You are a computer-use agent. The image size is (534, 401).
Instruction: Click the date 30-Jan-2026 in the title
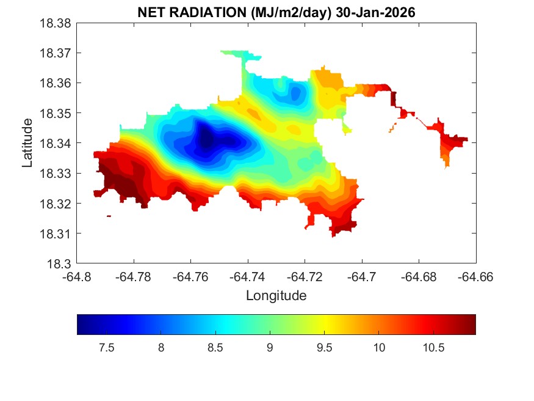[x=377, y=12]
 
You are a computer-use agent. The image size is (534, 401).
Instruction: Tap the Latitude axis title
[x=27, y=143]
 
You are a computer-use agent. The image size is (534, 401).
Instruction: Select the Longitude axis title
[x=276, y=296]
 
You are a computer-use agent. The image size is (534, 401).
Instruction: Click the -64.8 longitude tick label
[x=78, y=276]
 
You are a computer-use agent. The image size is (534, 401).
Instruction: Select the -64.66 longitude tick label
[x=476, y=276]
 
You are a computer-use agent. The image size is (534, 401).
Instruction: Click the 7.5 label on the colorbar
[x=106, y=348]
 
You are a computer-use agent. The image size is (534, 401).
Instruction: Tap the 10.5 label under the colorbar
[x=433, y=348]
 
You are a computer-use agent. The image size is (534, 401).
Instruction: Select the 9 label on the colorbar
[x=270, y=348]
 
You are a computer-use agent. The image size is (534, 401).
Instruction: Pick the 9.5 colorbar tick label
[x=324, y=348]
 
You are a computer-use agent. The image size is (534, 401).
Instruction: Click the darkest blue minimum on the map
[x=206, y=139]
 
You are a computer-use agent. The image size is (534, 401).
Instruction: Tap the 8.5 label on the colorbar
[x=215, y=348]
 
